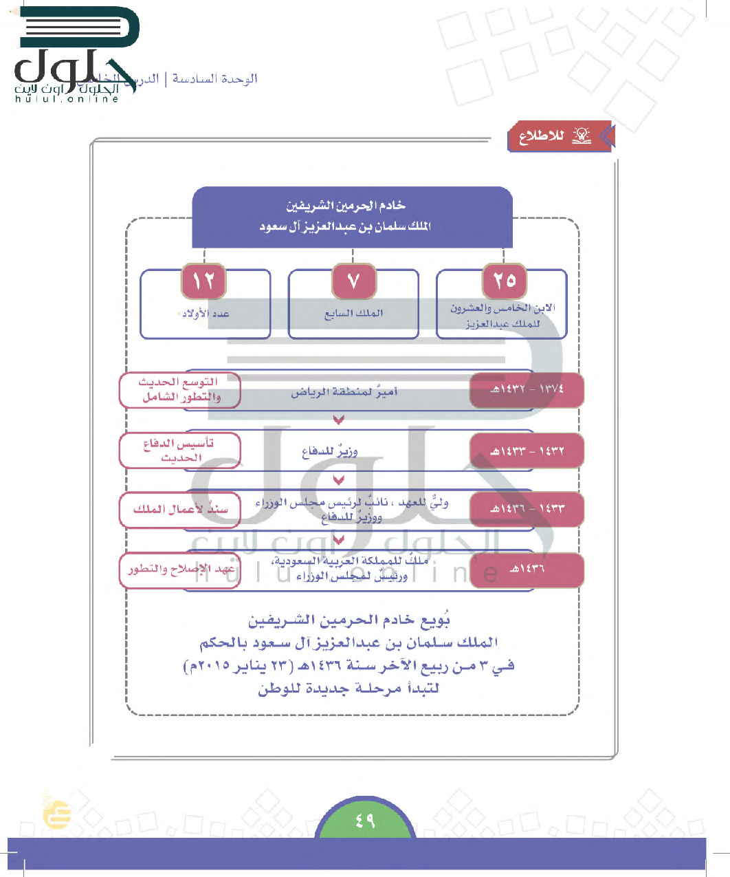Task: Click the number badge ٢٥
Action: click(x=505, y=281)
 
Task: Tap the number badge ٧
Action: click(x=353, y=281)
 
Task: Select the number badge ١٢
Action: click(x=204, y=281)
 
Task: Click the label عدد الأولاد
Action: click(x=206, y=314)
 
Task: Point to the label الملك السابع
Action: click(x=353, y=314)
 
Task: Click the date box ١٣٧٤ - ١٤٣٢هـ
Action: click(x=527, y=389)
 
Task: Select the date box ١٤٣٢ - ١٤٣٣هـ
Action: click(x=527, y=451)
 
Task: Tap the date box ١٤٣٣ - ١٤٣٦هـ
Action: click(x=527, y=509)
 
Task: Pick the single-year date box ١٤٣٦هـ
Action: click(x=527, y=570)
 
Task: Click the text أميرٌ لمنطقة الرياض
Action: click(x=344, y=393)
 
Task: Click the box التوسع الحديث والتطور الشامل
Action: click(x=180, y=389)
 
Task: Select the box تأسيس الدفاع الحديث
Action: click(x=180, y=451)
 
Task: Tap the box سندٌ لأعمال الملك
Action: click(x=180, y=510)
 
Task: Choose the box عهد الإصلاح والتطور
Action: click(x=180, y=570)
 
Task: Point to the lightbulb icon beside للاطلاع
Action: click(x=582, y=135)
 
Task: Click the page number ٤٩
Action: click(x=365, y=821)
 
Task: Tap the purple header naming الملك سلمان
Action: click(x=352, y=216)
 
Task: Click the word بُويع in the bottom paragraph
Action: click(x=435, y=620)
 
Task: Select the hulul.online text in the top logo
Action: click(x=67, y=99)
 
